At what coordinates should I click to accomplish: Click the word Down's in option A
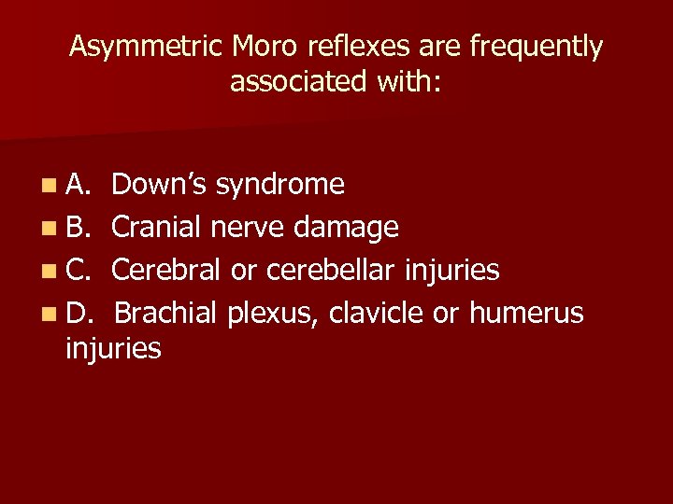click(x=160, y=184)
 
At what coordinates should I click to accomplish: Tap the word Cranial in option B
click(x=156, y=227)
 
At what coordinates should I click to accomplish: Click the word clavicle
click(x=378, y=313)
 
